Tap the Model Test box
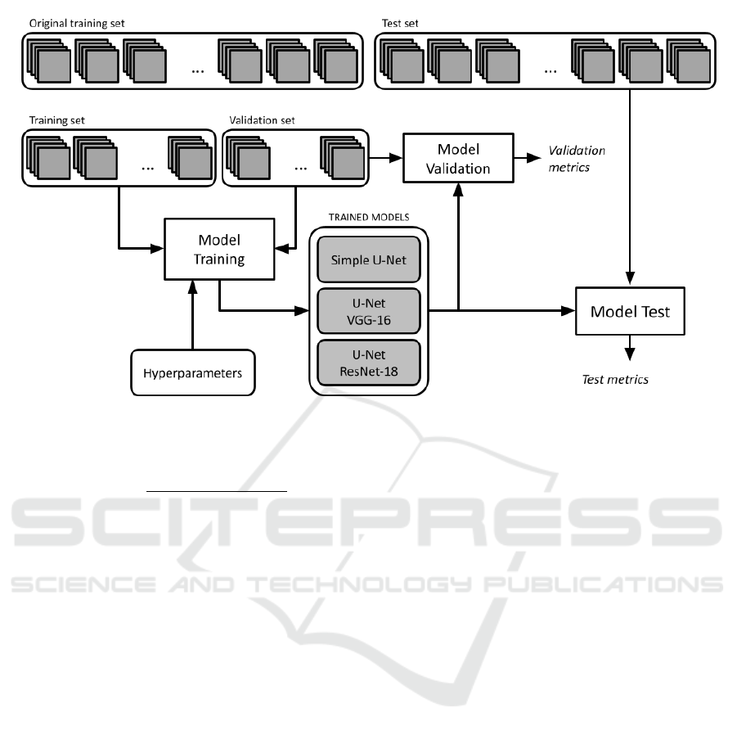630,311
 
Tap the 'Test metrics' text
614,379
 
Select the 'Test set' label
400,24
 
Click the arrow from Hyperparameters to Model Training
193,315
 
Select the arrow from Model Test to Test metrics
629,347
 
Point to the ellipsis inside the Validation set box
301,166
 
